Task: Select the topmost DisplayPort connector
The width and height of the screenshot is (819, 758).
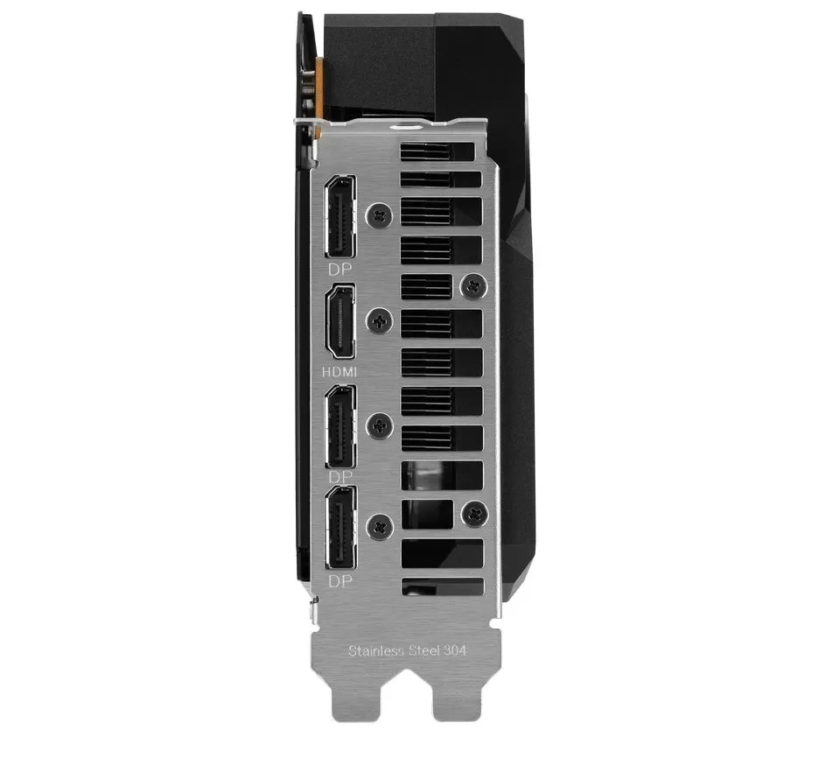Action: pos(340,215)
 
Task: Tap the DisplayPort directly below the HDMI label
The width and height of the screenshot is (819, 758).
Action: pos(340,428)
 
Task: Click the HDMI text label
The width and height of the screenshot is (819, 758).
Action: pos(340,371)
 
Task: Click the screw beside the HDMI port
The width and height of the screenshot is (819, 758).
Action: pos(378,322)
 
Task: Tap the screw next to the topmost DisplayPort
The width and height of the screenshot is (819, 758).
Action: pos(378,213)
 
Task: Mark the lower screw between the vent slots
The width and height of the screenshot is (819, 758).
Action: pos(473,513)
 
